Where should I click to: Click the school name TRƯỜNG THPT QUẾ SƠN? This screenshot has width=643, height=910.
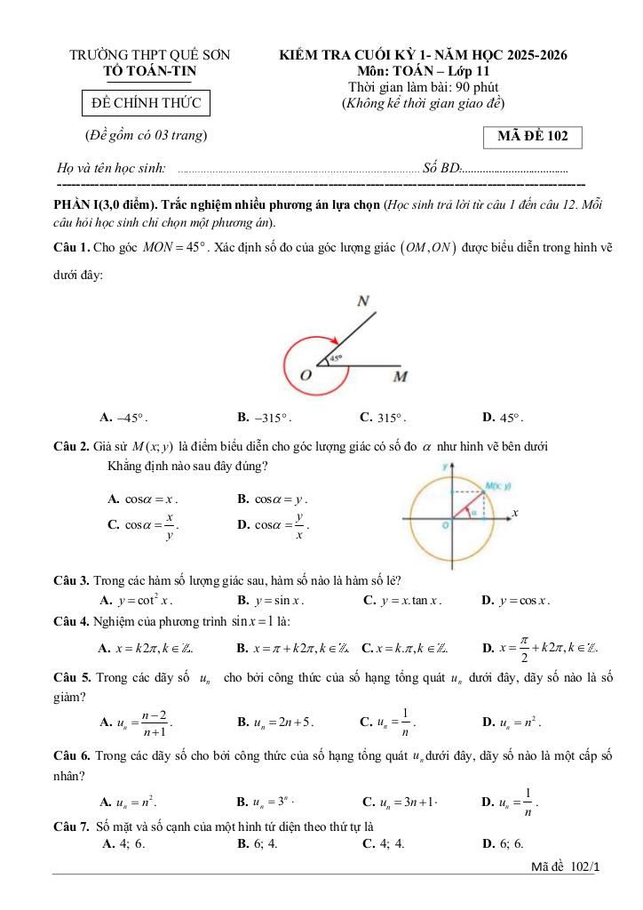click(x=150, y=55)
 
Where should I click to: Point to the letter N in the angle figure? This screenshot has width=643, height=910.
click(x=363, y=301)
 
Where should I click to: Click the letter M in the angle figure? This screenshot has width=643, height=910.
click(x=400, y=377)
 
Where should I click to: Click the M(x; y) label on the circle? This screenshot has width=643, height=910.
click(x=496, y=486)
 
